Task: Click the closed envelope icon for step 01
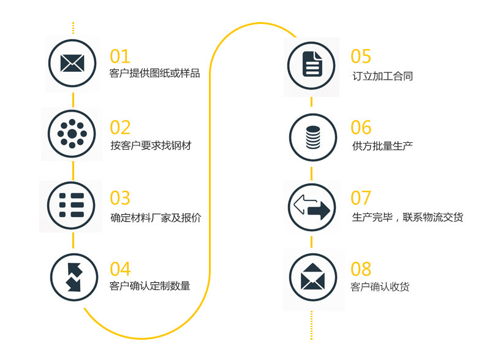click(x=72, y=63)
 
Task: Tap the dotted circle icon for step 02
click(x=72, y=134)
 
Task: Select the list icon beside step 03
click(x=72, y=205)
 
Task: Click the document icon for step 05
click(x=312, y=64)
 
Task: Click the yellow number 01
click(x=120, y=56)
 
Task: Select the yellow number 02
click(x=120, y=127)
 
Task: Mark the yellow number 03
click(x=120, y=198)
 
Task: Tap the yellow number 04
click(x=120, y=269)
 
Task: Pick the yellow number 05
click(x=361, y=56)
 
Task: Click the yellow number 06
click(x=361, y=127)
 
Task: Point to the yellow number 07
click(x=361, y=198)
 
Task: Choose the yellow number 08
click(x=361, y=269)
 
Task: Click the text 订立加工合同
click(x=382, y=76)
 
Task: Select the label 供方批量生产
click(x=382, y=147)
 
